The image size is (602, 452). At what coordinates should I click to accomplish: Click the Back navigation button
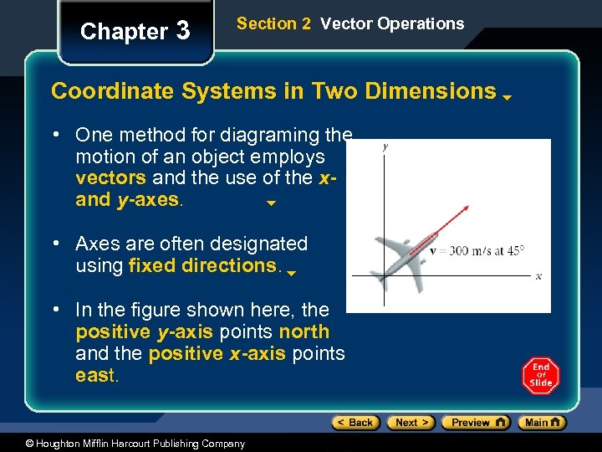pos(355,423)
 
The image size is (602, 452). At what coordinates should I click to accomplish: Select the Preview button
pos(475,423)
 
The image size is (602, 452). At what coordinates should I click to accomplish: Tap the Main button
pos(542,423)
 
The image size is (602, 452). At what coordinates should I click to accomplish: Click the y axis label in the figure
pos(385,147)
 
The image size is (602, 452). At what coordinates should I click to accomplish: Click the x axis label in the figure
pos(538,275)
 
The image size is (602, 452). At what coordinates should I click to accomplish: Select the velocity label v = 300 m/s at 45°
pos(477,250)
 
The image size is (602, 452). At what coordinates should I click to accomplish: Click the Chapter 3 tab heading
pos(135,32)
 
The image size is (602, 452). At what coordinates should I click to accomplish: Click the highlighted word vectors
pos(110,178)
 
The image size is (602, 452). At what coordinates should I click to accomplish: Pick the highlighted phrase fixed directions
pos(202,266)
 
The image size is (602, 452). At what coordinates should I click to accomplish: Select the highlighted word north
pos(304,332)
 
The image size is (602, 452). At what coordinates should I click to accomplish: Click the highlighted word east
pos(96,376)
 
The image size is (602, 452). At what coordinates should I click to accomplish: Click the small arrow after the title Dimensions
pos(508,97)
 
